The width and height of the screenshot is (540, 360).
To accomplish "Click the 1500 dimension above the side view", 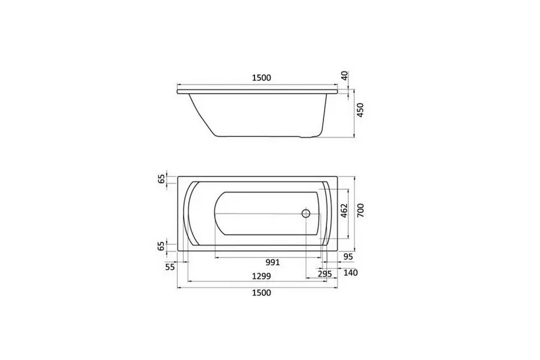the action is pyautogui.click(x=262, y=78).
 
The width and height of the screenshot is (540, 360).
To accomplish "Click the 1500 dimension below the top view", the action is pyautogui.click(x=262, y=293).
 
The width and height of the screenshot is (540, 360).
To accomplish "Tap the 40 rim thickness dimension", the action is pyautogui.click(x=345, y=76).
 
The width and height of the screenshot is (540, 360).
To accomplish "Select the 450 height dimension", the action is pyautogui.click(x=360, y=110).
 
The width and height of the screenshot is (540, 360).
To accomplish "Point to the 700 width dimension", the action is pyautogui.click(x=360, y=211).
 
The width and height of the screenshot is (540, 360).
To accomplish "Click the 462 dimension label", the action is pyautogui.click(x=344, y=211).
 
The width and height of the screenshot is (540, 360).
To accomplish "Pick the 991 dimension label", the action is pyautogui.click(x=273, y=263).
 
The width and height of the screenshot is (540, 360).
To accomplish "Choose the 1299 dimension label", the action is pyautogui.click(x=262, y=276).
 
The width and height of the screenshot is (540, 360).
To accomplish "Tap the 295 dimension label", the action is pyautogui.click(x=325, y=274).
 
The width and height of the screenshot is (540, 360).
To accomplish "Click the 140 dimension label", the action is pyautogui.click(x=350, y=273).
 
